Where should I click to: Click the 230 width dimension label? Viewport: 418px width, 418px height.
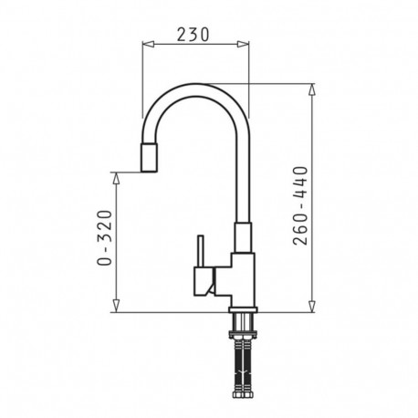(193, 34)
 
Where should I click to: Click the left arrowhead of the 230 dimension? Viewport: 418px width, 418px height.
(146, 45)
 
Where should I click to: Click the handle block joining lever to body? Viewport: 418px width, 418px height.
(212, 279)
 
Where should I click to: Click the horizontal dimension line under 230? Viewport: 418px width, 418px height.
(195, 45)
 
